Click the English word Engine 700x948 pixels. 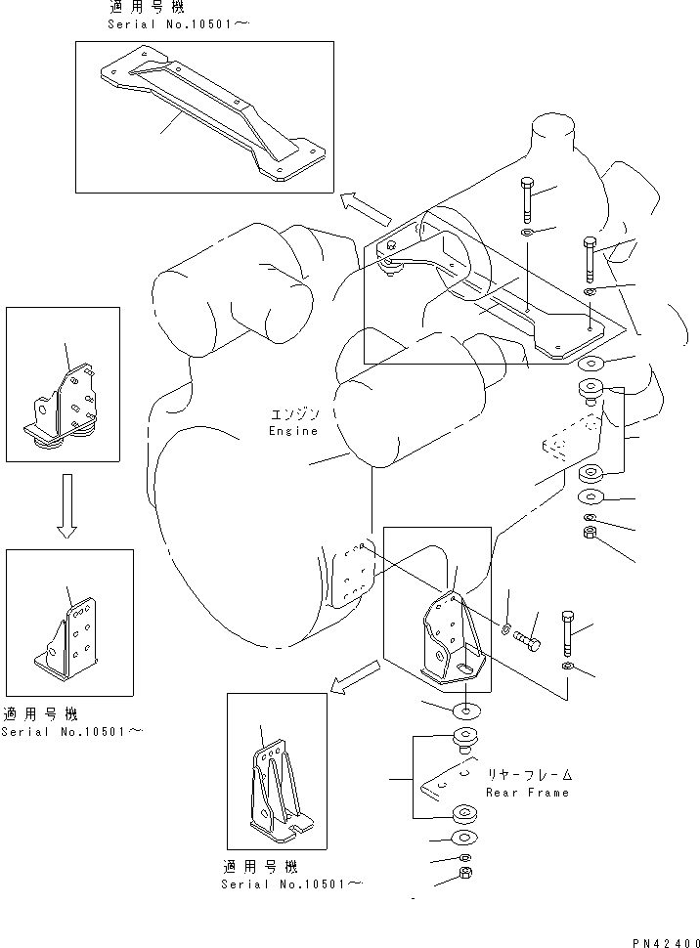[292, 431]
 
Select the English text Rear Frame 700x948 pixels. [527, 793]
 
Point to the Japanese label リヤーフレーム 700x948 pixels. [528, 775]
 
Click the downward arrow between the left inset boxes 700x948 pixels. [66, 505]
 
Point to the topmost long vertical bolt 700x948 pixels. [528, 201]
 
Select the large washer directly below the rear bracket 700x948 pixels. [465, 710]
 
